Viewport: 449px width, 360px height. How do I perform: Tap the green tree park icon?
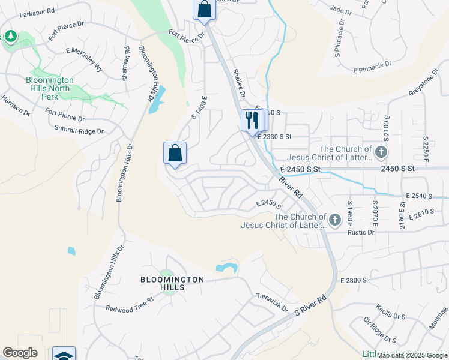[x=11, y=37]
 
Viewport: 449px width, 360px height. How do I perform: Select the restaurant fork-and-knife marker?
[x=252, y=121]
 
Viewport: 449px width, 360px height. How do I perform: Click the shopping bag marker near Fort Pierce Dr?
[x=204, y=10]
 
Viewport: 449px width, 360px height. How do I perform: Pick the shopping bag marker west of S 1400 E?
[x=175, y=153]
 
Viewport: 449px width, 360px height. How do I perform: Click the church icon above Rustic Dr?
[x=334, y=220]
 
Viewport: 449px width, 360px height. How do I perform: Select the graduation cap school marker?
[x=64, y=355]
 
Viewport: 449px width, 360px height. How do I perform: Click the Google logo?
[x=20, y=353]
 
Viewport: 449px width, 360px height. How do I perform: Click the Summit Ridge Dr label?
[x=79, y=130]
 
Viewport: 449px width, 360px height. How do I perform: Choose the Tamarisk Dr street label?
[x=272, y=301]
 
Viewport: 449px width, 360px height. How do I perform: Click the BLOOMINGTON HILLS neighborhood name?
[x=172, y=283]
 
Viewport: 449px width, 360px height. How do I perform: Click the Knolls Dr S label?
[x=391, y=314]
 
